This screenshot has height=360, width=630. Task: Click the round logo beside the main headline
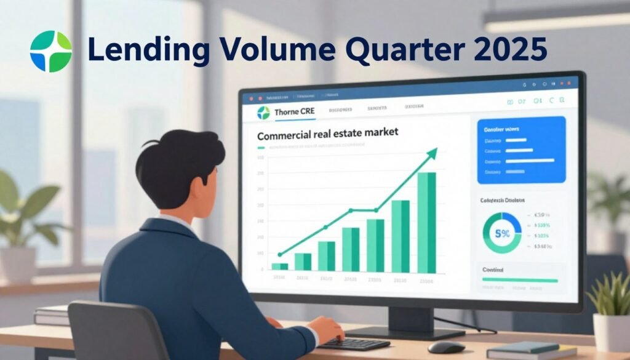click(50, 52)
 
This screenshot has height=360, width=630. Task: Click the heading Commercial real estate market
click(327, 132)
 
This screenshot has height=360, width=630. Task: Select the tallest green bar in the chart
click(426, 222)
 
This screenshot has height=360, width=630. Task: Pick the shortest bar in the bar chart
click(279, 266)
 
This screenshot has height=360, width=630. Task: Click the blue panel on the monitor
click(520, 150)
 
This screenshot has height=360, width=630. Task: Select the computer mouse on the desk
click(446, 347)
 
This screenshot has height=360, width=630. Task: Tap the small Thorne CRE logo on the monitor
click(263, 113)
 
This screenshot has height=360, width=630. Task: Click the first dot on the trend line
click(280, 254)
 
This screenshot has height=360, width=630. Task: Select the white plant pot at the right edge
click(612, 333)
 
